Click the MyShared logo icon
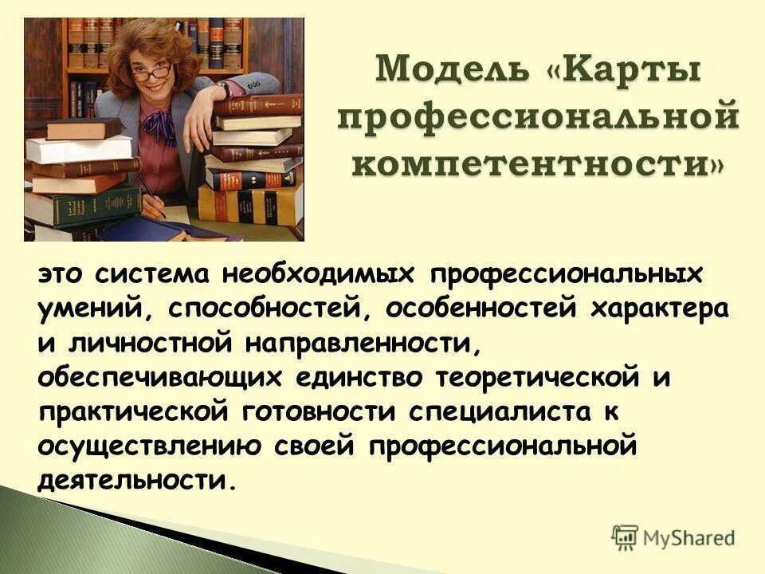click(x=626, y=537)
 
